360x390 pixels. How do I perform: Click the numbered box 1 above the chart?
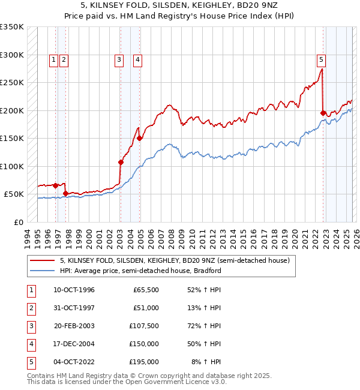(54, 59)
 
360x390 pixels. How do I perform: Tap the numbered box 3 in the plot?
(119, 59)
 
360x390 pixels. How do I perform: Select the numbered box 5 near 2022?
(322, 59)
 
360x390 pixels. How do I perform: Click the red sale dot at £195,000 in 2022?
(323, 113)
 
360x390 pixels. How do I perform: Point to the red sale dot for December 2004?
(140, 138)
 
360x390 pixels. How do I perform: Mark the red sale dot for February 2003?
(121, 162)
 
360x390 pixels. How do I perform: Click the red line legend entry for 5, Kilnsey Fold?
(175, 260)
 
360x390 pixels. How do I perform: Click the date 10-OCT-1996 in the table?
(74, 290)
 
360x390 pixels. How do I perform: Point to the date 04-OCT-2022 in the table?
(74, 362)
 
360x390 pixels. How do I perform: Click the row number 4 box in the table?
(29, 344)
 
